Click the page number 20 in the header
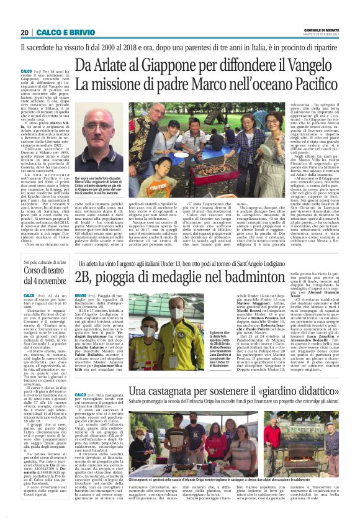[x=25, y=32]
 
